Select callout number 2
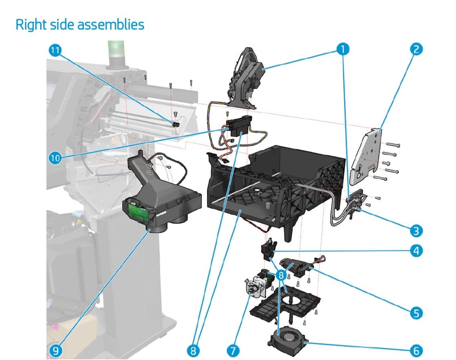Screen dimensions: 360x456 [416, 49]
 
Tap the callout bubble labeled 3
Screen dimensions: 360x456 [416, 230]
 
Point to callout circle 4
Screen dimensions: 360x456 [416, 251]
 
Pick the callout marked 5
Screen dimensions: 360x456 [416, 313]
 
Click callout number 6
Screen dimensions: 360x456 [416, 350]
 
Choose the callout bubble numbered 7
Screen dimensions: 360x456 [233, 350]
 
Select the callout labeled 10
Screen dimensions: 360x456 [55, 158]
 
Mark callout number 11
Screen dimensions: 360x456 [56, 50]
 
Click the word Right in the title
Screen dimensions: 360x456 [31, 25]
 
